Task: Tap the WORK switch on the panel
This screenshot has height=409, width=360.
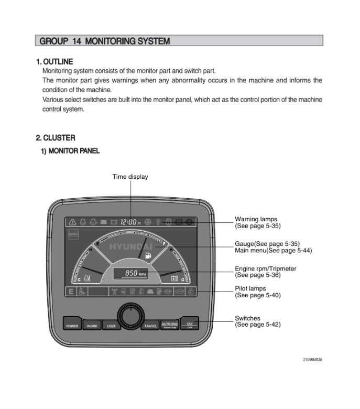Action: [x=92, y=325]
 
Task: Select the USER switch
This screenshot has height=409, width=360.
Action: [x=111, y=325]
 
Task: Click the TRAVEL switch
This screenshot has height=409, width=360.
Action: [x=150, y=325]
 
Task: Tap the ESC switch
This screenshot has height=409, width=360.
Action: [x=190, y=325]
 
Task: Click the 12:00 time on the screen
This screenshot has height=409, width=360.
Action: [x=128, y=222]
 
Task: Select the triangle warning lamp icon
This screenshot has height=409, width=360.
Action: [x=72, y=222]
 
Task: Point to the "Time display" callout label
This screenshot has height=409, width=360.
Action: [x=130, y=177]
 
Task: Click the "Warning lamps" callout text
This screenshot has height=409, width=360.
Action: [x=256, y=219]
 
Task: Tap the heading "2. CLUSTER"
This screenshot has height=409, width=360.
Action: [x=56, y=138]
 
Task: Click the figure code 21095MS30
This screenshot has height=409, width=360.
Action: [x=312, y=360]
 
